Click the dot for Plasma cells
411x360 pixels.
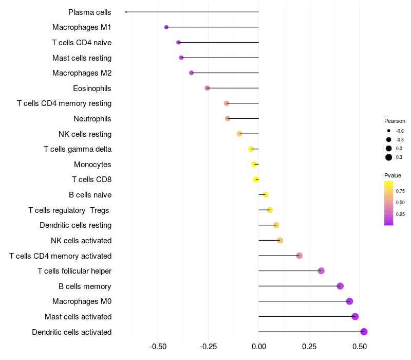[x=126, y=12]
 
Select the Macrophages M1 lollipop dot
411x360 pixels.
[x=166, y=27]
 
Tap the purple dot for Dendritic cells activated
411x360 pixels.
[x=364, y=332]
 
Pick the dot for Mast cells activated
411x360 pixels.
[x=355, y=317]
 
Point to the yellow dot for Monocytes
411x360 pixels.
[x=254, y=165]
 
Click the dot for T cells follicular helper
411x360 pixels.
[x=321, y=271]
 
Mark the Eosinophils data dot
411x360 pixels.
[x=207, y=88]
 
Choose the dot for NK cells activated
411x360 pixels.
[x=280, y=241]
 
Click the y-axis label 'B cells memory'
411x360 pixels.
[x=85, y=286]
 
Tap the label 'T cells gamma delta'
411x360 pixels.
[x=78, y=149]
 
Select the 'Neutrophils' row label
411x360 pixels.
[x=92, y=119]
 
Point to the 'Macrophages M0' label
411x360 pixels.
[x=82, y=301]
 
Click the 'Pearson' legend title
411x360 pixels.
[x=395, y=121]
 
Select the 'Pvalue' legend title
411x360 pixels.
[x=393, y=175]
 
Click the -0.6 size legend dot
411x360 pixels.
[x=389, y=131]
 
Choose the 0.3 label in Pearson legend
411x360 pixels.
[x=399, y=157]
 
